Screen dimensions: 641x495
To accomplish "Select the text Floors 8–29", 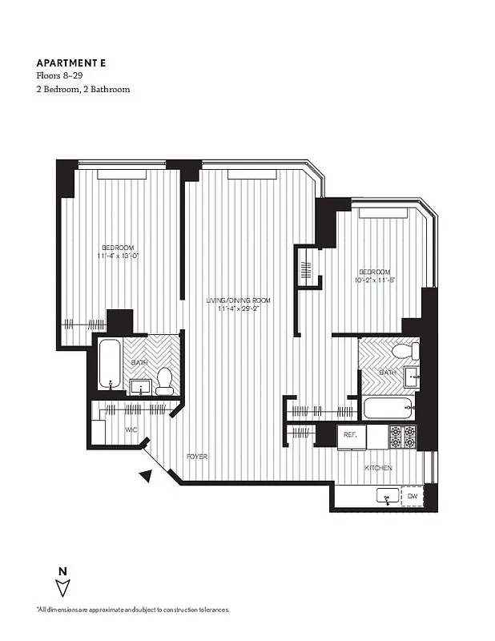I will [x=59, y=76].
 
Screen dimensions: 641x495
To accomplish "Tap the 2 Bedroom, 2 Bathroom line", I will [x=83, y=89].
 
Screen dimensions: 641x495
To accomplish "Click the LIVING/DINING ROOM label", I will [x=238, y=300].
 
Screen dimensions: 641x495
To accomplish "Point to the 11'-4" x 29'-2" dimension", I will [x=238, y=309].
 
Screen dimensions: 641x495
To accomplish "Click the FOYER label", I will [x=197, y=456].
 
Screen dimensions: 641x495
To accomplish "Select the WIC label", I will [x=132, y=430].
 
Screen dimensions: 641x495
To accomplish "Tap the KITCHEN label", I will [x=378, y=467].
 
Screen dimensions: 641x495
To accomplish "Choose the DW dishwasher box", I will [x=412, y=498].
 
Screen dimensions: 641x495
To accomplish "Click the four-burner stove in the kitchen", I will [x=402, y=436].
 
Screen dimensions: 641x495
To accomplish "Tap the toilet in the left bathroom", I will [x=164, y=381].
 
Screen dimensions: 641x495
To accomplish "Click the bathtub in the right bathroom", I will [x=388, y=409].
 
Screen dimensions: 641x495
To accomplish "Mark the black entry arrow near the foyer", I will [x=146, y=476].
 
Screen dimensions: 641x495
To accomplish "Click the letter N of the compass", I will [x=62, y=570].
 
